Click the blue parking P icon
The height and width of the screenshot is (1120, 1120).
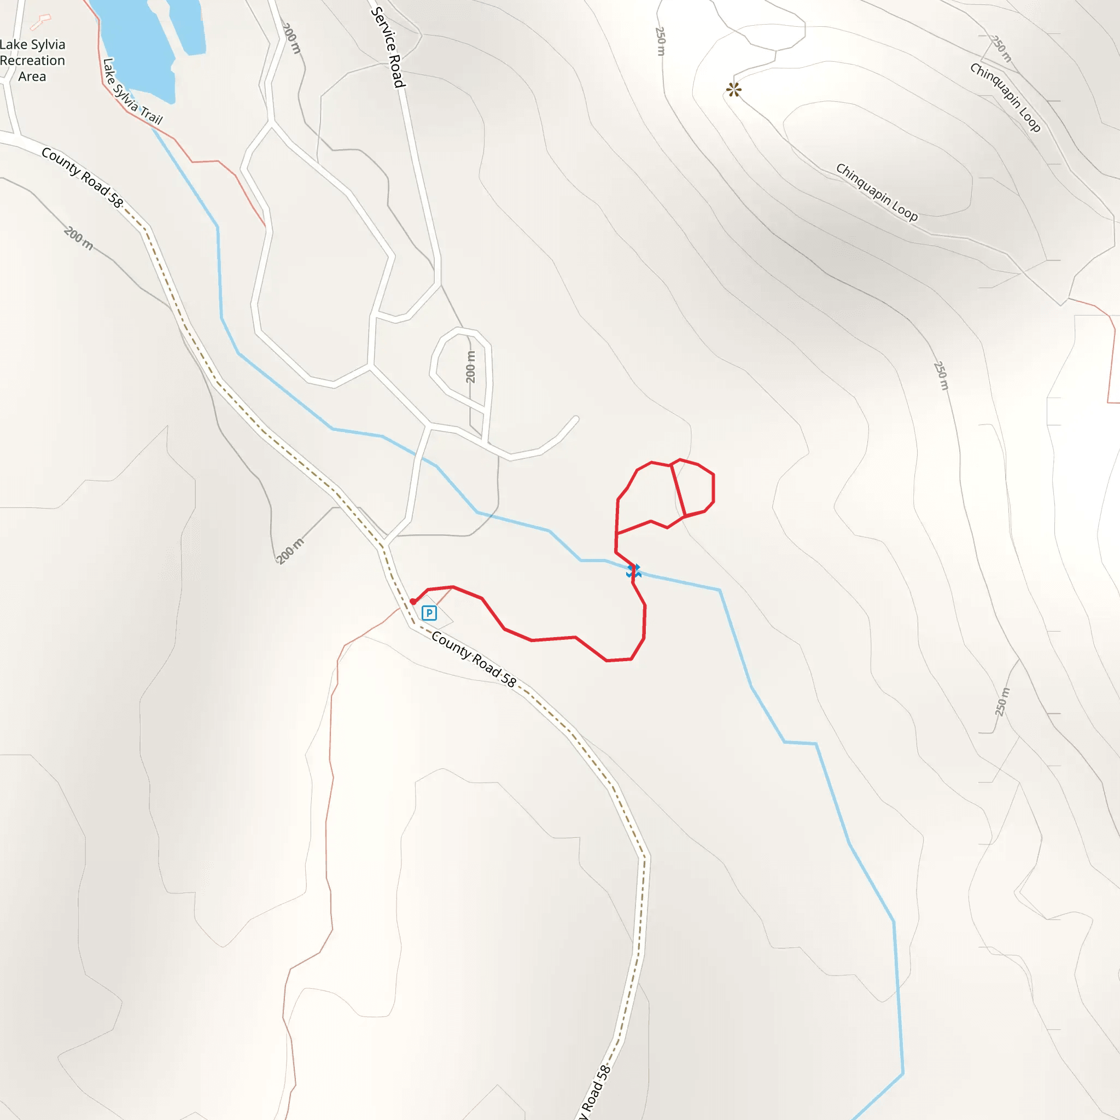(429, 612)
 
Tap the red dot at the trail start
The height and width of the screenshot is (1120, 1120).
(413, 602)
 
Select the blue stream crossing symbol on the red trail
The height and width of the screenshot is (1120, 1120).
(633, 571)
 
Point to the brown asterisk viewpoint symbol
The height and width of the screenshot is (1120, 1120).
(734, 89)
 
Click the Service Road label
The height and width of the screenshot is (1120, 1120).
(388, 47)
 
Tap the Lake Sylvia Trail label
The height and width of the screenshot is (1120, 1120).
(132, 91)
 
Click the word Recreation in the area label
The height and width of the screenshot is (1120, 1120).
(32, 60)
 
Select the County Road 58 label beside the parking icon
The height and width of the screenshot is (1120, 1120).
(474, 660)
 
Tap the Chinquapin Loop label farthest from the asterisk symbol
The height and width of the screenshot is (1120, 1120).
(1006, 97)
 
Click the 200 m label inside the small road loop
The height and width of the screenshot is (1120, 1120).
(471, 367)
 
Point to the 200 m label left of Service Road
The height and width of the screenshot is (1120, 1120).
(291, 38)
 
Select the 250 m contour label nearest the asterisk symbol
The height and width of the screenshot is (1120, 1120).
(660, 40)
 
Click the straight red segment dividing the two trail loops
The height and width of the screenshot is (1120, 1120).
(678, 491)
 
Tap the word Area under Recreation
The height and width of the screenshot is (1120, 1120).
(32, 77)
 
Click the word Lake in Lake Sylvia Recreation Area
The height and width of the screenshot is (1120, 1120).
(12, 45)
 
